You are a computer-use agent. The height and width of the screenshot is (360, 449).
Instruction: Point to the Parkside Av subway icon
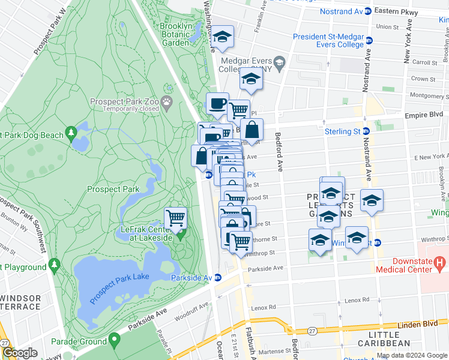coord(218,278)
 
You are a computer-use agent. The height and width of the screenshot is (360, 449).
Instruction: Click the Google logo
coord(20,353)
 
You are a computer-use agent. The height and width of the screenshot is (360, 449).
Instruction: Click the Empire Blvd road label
coord(428,113)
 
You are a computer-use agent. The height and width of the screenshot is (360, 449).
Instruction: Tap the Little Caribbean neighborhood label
coord(382,338)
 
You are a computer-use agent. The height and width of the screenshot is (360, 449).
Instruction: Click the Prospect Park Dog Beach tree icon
coord(71,131)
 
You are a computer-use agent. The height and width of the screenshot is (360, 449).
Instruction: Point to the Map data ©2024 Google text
coord(412,355)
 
